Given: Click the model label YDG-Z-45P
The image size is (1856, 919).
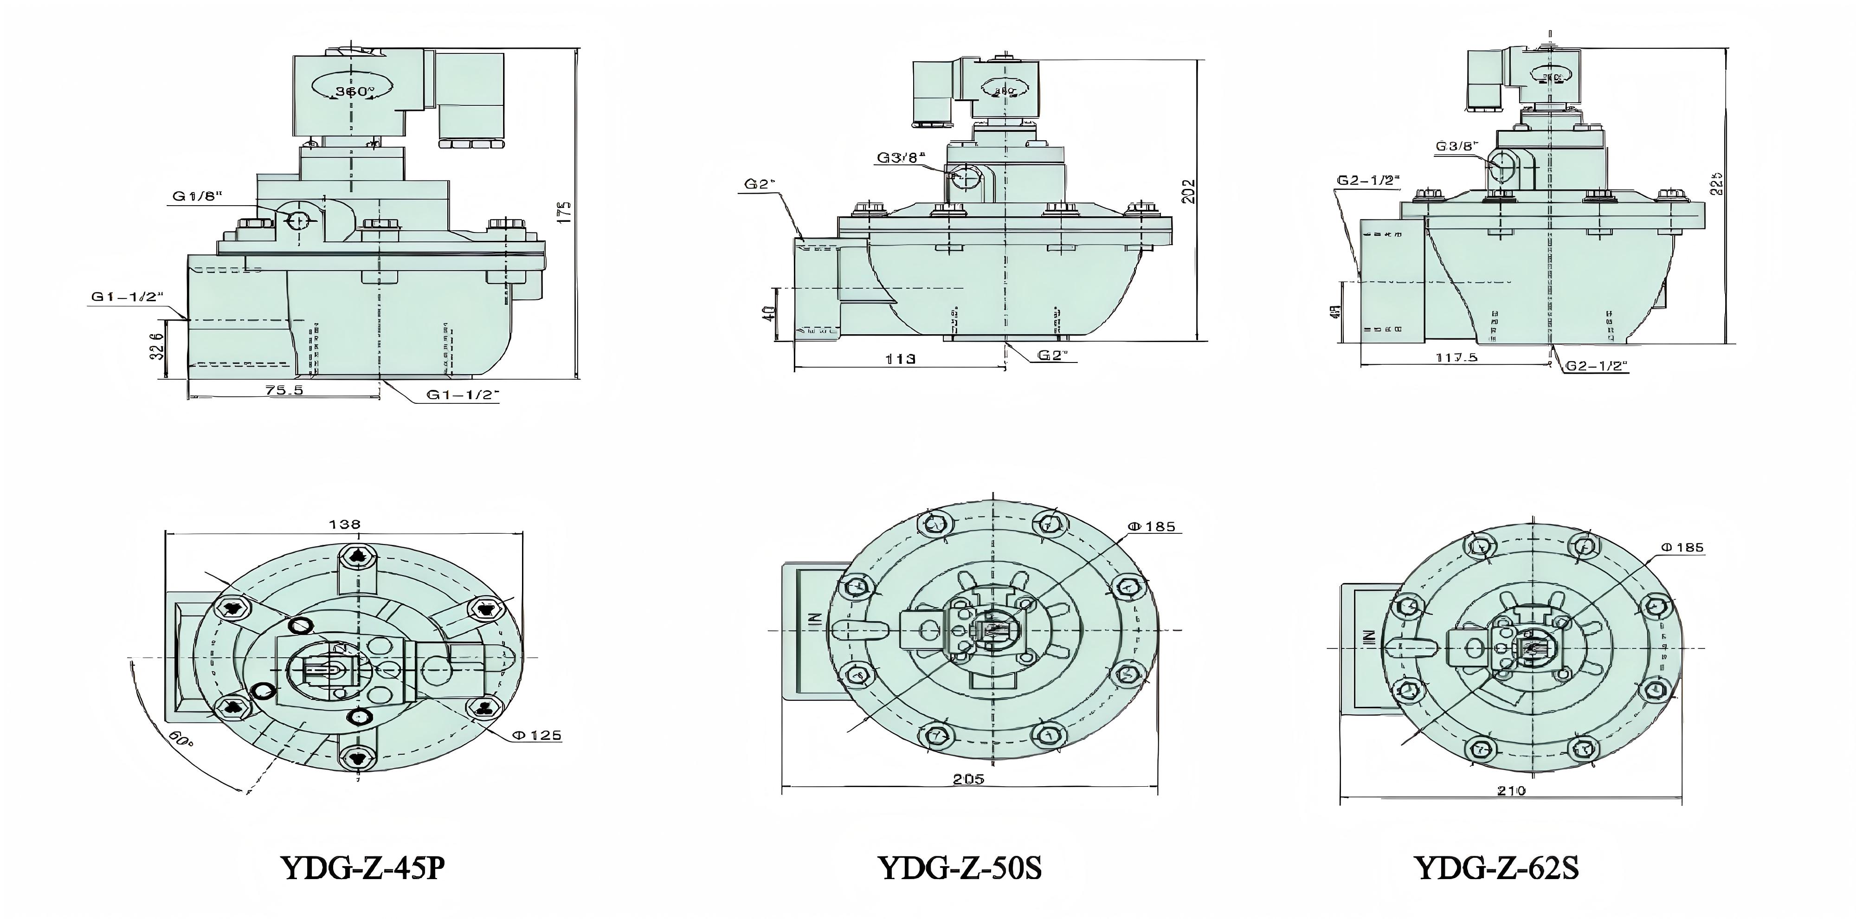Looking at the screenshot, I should (362, 868).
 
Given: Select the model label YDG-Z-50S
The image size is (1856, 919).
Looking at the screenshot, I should (960, 868).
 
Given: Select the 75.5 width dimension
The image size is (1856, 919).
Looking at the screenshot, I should (284, 389).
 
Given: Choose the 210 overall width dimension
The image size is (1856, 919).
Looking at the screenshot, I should (1511, 791).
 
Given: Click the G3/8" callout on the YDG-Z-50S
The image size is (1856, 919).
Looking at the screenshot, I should (900, 157).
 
